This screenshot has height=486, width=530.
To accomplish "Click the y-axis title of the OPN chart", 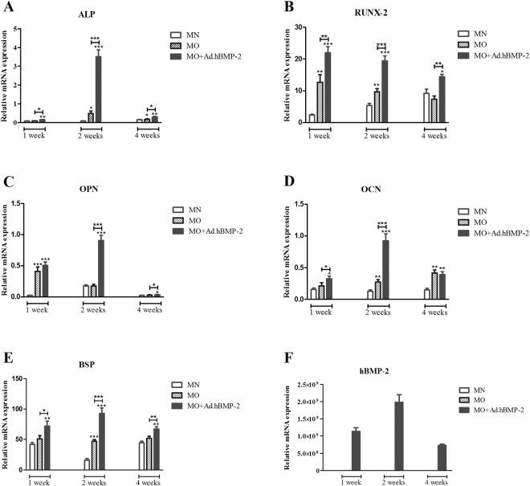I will (7, 250).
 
